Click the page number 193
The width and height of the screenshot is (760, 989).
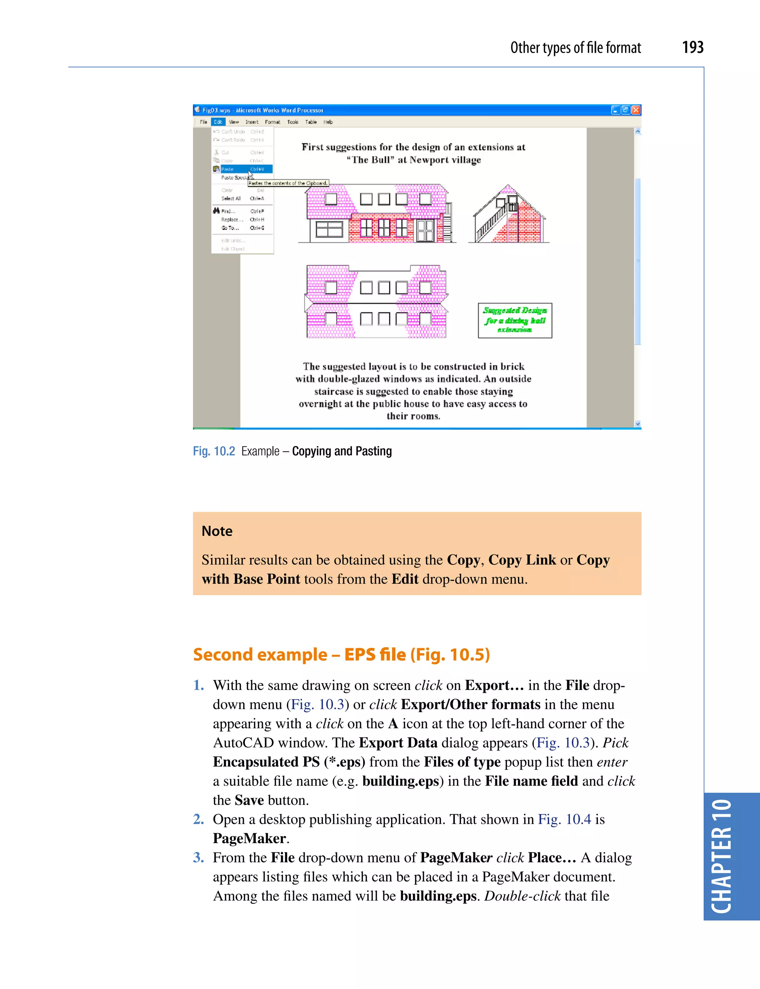(692, 48)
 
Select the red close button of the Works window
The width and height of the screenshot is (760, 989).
(636, 110)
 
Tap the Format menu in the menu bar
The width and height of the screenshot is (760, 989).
(272, 122)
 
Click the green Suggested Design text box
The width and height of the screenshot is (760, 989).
(515, 320)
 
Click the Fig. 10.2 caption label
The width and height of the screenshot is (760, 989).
(214, 451)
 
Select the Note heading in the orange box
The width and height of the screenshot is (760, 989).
(217, 531)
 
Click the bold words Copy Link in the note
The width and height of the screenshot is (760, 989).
(522, 560)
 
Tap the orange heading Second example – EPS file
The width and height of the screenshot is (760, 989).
(341, 655)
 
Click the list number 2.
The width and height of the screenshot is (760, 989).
(198, 819)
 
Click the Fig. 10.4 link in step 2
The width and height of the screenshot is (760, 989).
(564, 819)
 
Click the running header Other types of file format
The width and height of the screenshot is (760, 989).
(576, 48)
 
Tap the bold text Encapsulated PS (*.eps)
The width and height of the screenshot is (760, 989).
(289, 762)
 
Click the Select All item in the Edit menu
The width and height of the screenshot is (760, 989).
(231, 199)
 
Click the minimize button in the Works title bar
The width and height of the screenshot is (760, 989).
(615, 110)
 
